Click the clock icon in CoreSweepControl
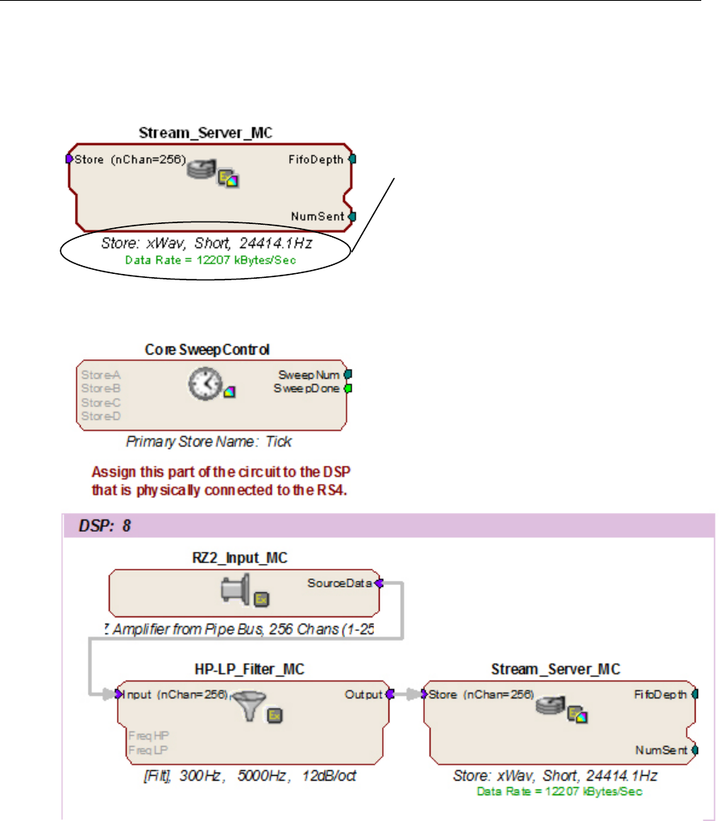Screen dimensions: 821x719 pos(204,386)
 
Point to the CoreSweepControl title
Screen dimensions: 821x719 pos(207,350)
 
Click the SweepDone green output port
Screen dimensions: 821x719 pos(349,388)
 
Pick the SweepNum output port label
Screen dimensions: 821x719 pos(310,375)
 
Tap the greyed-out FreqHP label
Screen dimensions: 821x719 pos(142,735)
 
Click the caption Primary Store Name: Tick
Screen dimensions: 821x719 pos(208,442)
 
